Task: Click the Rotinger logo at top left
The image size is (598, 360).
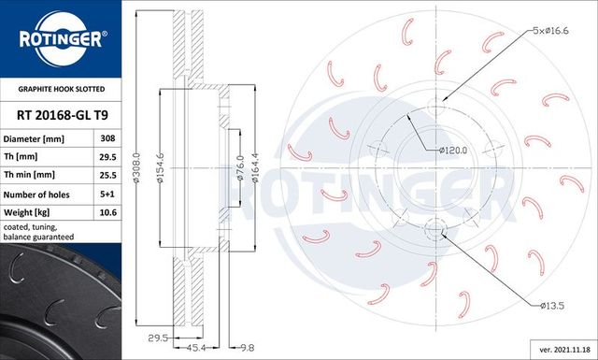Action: point(62,38)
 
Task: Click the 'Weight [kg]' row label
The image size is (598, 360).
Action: point(39,212)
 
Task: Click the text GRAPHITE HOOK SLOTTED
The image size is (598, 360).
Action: point(62,90)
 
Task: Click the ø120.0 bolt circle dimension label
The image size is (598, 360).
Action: point(454,149)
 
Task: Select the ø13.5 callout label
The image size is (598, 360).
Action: point(554,305)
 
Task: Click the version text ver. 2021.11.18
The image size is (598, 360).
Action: point(559,348)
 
